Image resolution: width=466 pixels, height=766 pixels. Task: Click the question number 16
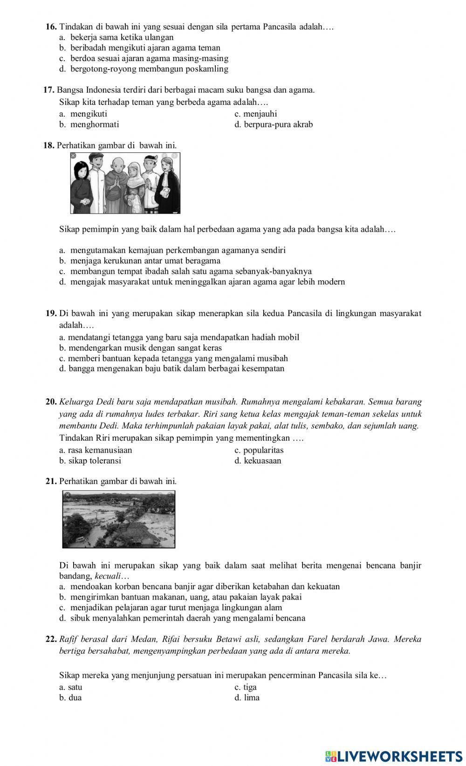51,27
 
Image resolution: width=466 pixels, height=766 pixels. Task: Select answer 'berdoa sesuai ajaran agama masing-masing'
149,58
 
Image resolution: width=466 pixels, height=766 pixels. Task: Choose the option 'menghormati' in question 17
95,124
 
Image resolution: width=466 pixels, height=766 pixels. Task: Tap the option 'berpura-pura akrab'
278,124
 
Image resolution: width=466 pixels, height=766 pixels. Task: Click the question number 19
51,313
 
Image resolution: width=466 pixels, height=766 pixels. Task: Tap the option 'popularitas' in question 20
263,450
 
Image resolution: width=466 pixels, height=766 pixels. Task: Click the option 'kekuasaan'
262,461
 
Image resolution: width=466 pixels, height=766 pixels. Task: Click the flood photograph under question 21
119,520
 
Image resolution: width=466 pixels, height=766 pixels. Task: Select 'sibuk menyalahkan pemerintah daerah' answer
188,618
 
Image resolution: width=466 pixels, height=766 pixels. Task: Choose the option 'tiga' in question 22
250,687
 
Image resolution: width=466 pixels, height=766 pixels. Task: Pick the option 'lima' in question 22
252,698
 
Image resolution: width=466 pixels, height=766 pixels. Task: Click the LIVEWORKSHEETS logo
394,756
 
